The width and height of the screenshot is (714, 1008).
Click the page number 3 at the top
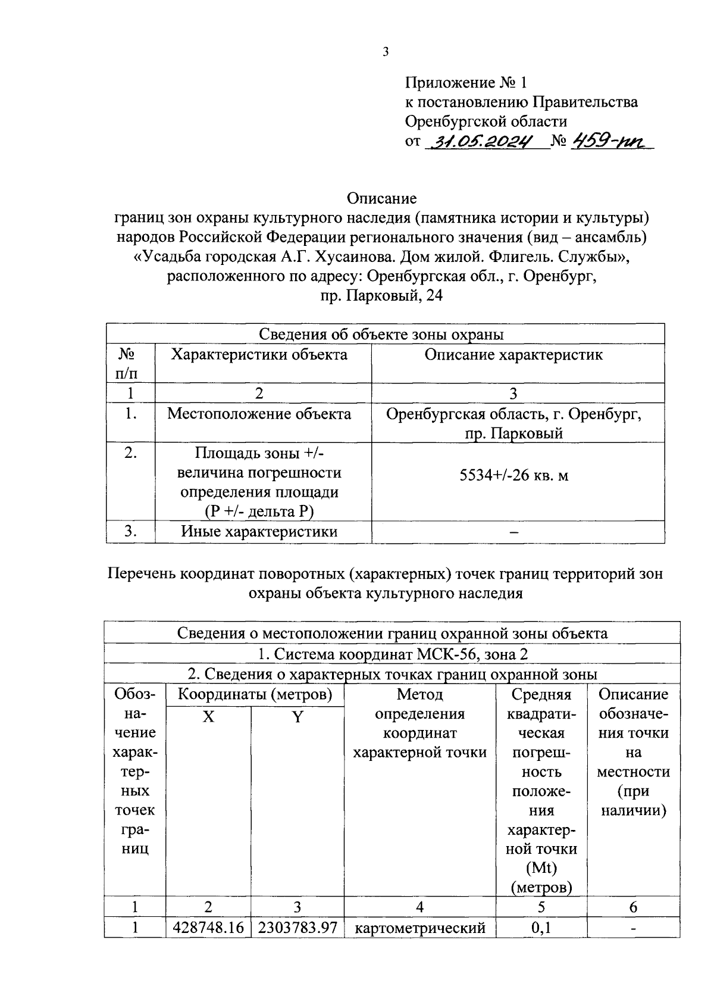pyautogui.click(x=385, y=52)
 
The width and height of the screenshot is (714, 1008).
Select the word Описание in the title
pyautogui.click(x=381, y=198)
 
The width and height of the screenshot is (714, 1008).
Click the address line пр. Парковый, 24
pyautogui.click(x=381, y=296)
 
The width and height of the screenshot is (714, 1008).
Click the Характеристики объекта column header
pyautogui.click(x=259, y=355)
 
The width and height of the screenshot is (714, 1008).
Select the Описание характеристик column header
pyautogui.click(x=513, y=355)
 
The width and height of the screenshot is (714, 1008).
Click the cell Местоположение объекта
pyautogui.click(x=259, y=414)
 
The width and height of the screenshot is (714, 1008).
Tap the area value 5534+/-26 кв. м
pyautogui.click(x=513, y=475)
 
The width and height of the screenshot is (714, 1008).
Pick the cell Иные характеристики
pyautogui.click(x=259, y=532)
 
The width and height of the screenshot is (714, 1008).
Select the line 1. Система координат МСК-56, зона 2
pyautogui.click(x=393, y=654)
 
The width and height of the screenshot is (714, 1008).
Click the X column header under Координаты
pyautogui.click(x=208, y=717)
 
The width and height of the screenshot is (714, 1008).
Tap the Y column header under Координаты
pyautogui.click(x=297, y=717)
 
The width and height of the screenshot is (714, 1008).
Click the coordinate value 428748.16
pyautogui.click(x=208, y=928)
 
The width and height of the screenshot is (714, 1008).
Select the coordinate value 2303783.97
pyautogui.click(x=297, y=928)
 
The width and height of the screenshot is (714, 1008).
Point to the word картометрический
pyautogui.click(x=420, y=928)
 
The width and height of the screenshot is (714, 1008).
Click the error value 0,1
pyautogui.click(x=540, y=928)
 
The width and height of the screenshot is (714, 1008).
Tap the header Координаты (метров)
pyautogui.click(x=255, y=694)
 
